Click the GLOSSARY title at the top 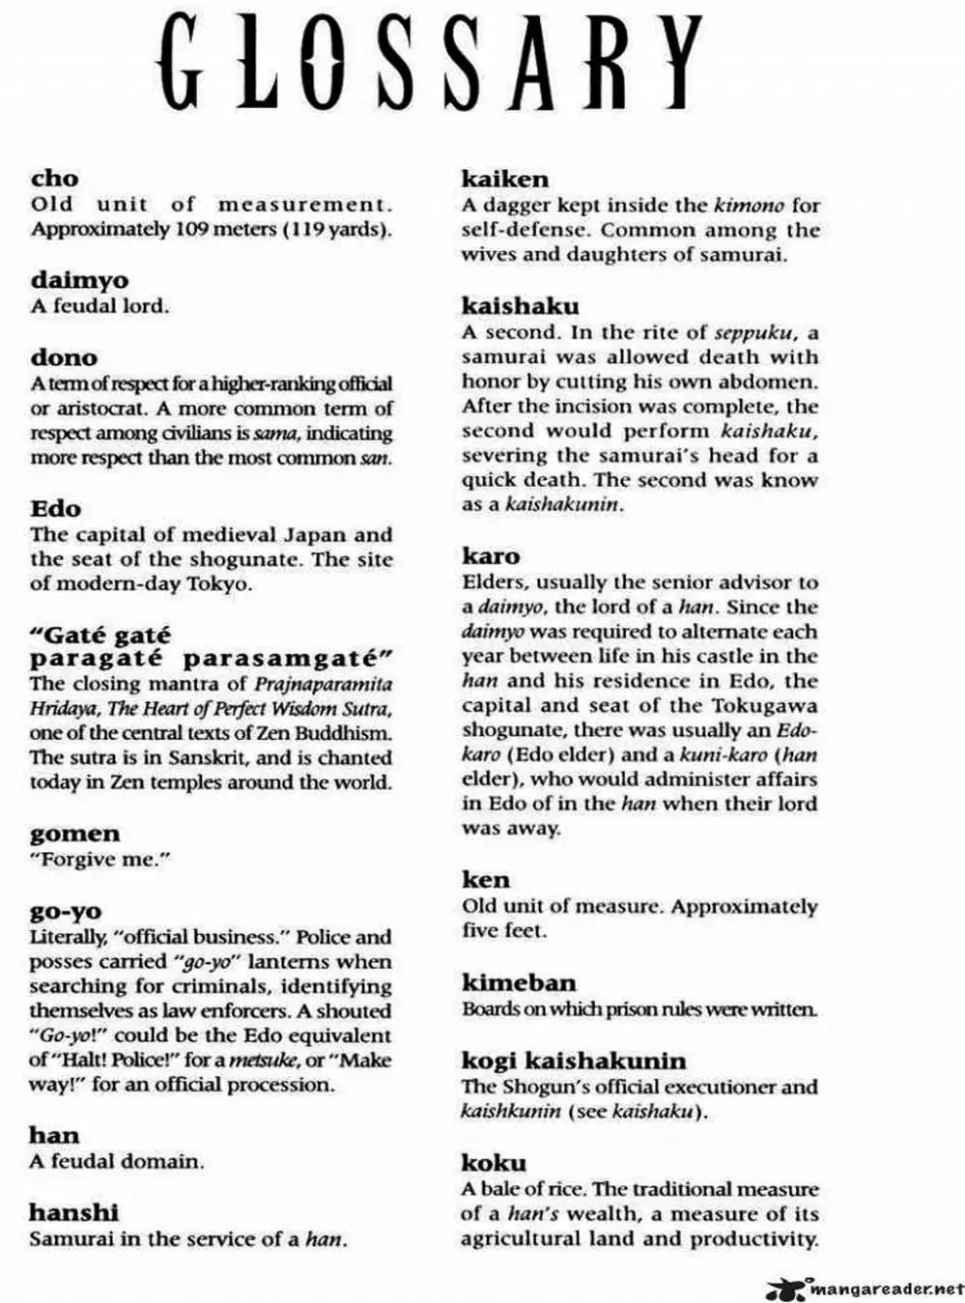(431, 64)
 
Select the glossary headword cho (54, 179)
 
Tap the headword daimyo (79, 281)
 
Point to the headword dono (64, 357)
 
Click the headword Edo (55, 508)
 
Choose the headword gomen (75, 834)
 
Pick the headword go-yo (65, 911)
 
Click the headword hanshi (73, 1212)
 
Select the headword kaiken (504, 179)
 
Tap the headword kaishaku (520, 306)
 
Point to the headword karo (491, 556)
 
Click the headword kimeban (518, 983)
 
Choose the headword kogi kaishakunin (574, 1061)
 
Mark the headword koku (494, 1163)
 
